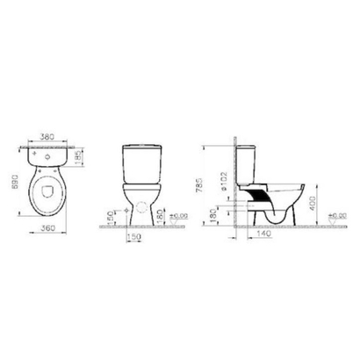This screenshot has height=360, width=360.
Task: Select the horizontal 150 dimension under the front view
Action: coord(133,238)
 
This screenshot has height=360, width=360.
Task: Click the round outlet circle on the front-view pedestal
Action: coord(137,209)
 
